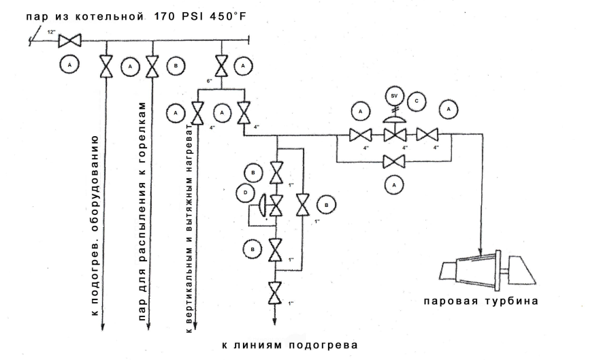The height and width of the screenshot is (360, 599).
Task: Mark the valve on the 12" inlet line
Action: click(69, 42)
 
